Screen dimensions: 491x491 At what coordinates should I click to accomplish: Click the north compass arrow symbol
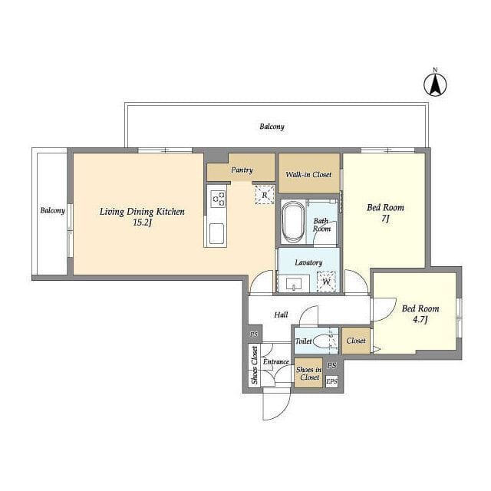[435, 84]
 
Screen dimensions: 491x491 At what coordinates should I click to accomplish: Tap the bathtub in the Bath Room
[293, 222]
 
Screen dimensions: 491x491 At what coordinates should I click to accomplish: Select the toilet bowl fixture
[321, 341]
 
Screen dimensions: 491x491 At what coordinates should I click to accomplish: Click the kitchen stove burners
[219, 199]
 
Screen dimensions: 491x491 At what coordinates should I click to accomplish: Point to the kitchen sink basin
[216, 233]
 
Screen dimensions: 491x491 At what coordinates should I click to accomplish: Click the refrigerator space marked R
[265, 195]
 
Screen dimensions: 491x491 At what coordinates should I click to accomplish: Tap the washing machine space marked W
[326, 282]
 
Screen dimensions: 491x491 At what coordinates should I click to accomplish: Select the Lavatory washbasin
[294, 284]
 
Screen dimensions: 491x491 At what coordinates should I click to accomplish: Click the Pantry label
[242, 170]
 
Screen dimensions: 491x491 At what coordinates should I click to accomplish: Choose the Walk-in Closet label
[308, 174]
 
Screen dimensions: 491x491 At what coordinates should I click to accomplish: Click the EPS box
[331, 381]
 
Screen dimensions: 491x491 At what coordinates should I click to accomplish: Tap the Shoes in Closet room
[308, 373]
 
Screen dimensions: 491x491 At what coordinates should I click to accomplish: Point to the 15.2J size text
[142, 223]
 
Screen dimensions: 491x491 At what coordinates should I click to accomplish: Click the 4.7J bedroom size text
[420, 320]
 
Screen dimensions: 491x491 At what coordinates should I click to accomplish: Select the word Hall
[281, 315]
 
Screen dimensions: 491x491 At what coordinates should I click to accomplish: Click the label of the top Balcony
[272, 127]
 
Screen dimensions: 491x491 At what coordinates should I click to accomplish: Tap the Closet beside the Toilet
[356, 341]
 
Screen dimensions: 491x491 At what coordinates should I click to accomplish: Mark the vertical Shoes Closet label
[255, 365]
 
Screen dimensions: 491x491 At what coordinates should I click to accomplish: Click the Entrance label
[276, 361]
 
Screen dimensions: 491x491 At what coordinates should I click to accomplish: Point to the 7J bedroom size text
[385, 219]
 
